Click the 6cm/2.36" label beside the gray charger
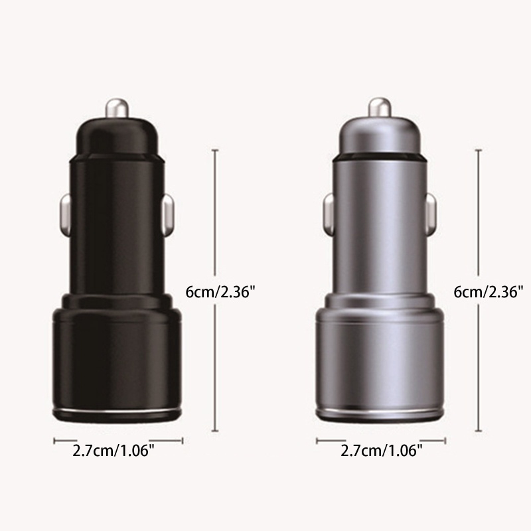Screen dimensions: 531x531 click(489, 291)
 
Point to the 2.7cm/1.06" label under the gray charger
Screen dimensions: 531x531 click(381, 451)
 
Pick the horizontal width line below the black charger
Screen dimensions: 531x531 click(117, 439)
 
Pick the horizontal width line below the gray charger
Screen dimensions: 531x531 click(381, 439)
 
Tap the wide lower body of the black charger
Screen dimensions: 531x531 click(117, 358)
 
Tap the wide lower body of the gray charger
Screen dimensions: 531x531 click(381, 358)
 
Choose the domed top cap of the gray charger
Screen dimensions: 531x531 click(381, 136)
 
